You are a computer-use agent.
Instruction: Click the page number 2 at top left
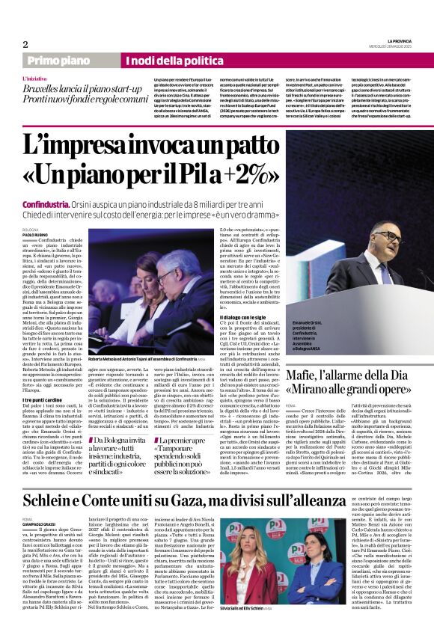coord(25,44)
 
